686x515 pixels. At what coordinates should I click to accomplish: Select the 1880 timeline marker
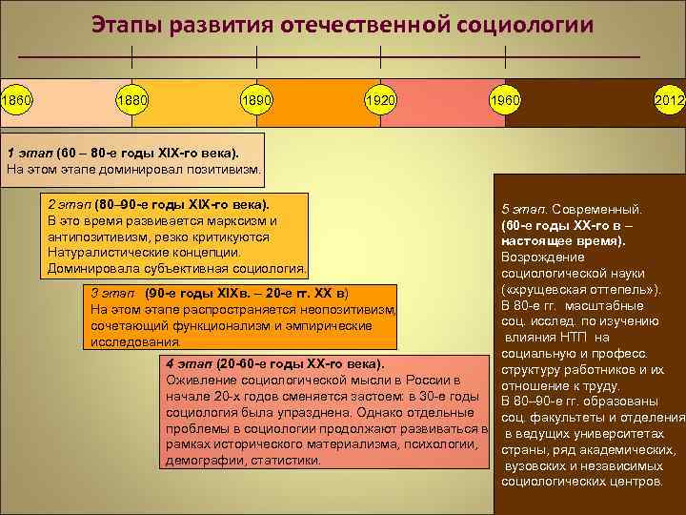point(131,100)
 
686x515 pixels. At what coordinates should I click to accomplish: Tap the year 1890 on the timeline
point(257,100)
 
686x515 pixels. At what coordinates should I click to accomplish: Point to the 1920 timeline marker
point(381,100)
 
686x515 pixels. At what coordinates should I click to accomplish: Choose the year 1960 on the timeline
point(505,100)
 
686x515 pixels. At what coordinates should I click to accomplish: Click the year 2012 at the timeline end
point(669,100)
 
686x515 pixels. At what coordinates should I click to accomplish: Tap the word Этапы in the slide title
point(126,24)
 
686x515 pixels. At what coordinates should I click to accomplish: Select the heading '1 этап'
point(30,153)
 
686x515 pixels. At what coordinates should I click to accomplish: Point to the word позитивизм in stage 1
point(220,170)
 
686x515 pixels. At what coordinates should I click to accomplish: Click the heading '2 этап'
point(70,204)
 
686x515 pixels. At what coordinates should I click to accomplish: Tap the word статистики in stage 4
point(287,461)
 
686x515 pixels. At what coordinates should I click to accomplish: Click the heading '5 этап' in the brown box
point(523,208)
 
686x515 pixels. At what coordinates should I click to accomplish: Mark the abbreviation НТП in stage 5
point(574,337)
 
